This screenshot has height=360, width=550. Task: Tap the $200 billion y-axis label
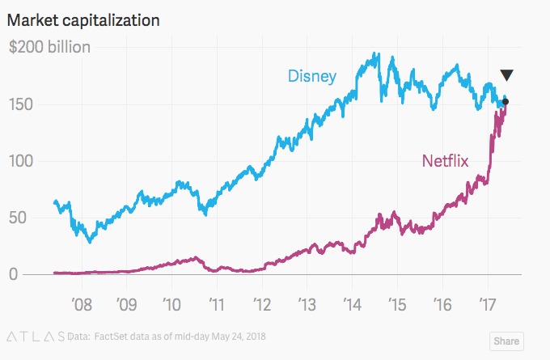49,47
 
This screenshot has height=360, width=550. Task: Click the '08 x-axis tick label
82,305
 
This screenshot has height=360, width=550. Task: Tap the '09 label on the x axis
127,305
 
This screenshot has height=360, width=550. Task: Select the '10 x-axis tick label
171,305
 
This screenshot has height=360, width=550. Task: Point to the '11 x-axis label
217,305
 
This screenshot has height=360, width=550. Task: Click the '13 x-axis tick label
307,305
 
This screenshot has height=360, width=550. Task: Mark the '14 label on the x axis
352,305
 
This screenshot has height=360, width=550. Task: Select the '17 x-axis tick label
487,305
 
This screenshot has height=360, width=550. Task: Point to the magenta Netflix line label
445,162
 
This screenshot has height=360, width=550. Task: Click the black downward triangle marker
506,75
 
